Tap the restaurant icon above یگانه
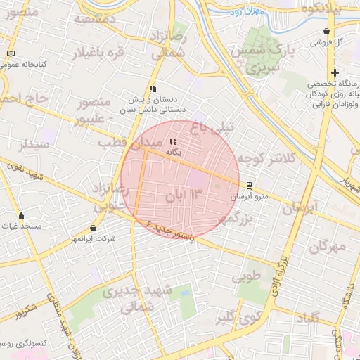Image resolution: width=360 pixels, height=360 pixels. click(174, 141)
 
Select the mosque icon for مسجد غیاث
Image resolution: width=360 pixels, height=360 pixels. click(21, 216)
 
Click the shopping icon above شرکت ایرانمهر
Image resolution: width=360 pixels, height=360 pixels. click(94, 229)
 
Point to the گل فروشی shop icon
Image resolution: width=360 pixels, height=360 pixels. click(328, 32)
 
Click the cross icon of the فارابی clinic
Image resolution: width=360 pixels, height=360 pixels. click(335, 72)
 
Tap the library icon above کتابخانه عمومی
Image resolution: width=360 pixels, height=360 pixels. click(10, 54)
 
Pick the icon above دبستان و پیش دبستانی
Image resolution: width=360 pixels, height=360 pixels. click(152, 89)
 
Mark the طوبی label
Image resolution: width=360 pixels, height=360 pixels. click(247, 276)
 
